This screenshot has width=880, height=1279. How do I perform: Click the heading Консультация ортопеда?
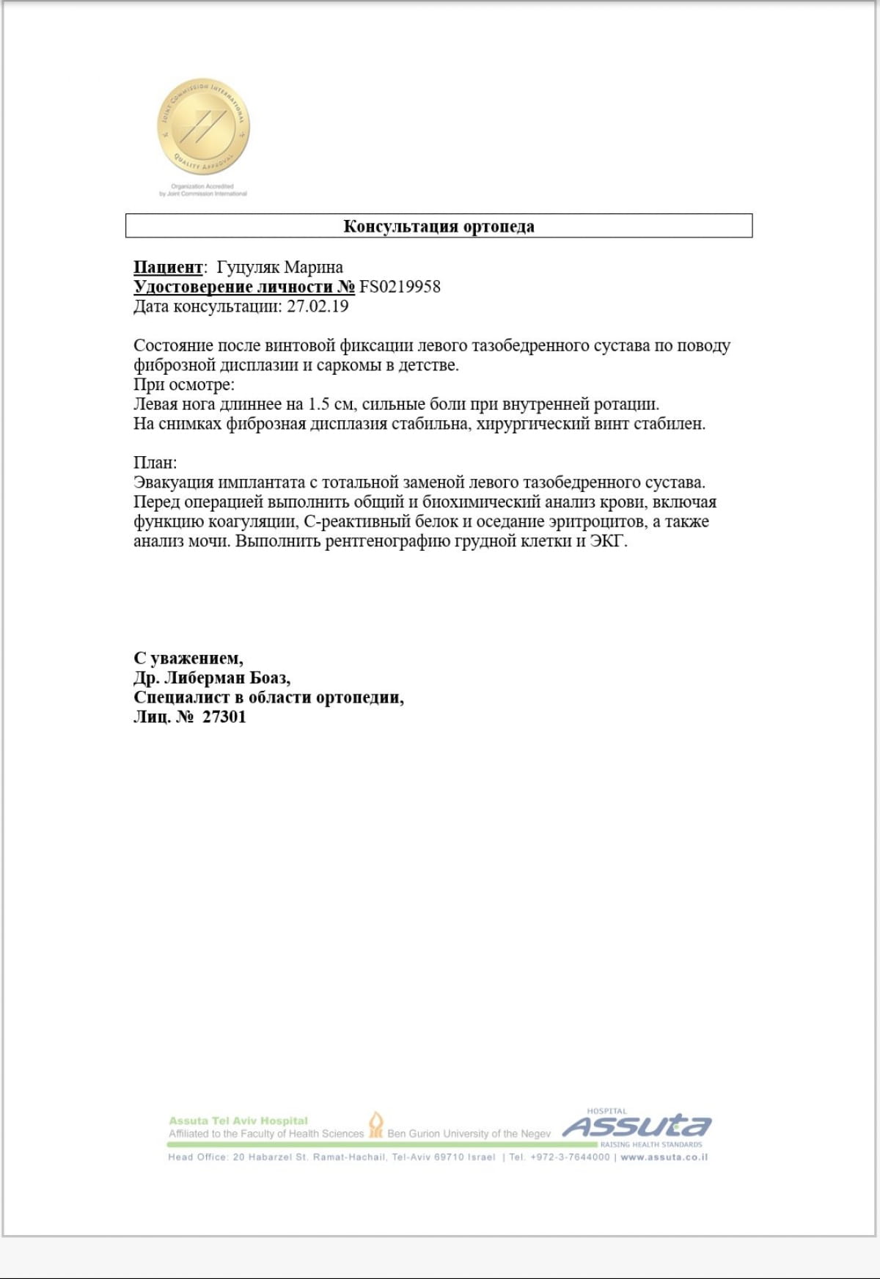[439, 226]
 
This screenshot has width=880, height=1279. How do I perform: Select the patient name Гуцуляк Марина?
[280, 267]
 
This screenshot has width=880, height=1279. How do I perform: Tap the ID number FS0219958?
[400, 287]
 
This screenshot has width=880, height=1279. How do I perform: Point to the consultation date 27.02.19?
[318, 307]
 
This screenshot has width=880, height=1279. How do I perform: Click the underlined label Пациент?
[168, 267]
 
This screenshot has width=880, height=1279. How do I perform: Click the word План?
[155, 463]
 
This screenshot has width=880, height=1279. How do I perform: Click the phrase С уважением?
[188, 658]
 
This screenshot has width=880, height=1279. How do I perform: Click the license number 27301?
[224, 717]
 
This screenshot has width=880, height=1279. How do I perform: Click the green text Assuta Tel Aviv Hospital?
[238, 1121]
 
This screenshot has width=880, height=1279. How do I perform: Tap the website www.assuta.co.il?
[664, 1157]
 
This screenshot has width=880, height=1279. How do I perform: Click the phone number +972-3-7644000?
[570, 1157]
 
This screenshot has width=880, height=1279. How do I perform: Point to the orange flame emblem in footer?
[375, 1124]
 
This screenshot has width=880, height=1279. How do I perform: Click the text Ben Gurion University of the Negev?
[469, 1134]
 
